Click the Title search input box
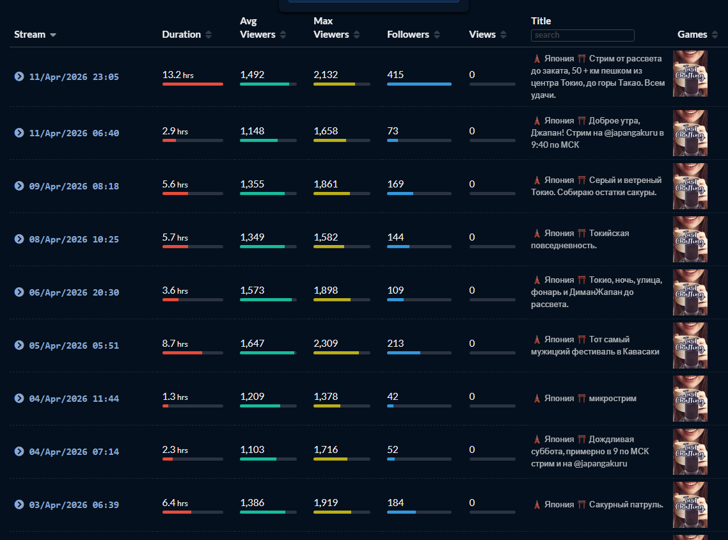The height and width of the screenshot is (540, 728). (582, 35)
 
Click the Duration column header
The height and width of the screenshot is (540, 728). (182, 35)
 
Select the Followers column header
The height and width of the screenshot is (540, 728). (408, 35)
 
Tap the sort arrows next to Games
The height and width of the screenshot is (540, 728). (715, 35)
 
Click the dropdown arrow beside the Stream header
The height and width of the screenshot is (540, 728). (53, 35)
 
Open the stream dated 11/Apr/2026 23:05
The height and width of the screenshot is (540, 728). (74, 77)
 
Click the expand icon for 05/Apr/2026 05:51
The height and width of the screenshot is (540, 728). (19, 345)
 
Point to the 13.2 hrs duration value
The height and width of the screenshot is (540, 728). (178, 75)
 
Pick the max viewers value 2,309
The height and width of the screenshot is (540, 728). (326, 343)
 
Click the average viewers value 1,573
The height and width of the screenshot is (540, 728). (252, 290)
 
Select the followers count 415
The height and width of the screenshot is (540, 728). (395, 75)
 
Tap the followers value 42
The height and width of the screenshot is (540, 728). (393, 397)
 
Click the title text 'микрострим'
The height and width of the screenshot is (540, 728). (612, 399)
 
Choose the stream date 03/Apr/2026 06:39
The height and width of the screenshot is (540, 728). (74, 505)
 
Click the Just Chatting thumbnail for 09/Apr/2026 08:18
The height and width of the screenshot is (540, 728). (690, 186)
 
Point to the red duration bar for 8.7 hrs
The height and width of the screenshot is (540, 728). (182, 353)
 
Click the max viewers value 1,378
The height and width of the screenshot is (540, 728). (326, 397)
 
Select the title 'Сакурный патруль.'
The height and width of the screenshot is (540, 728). (626, 505)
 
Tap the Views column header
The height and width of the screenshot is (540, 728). (482, 35)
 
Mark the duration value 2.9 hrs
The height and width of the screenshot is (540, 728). (175, 131)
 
